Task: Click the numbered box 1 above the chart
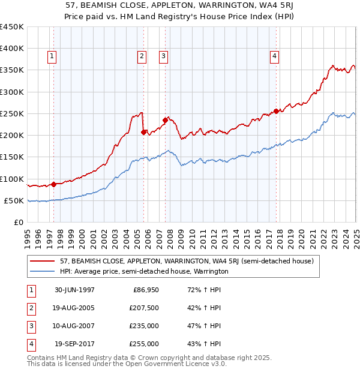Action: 52,57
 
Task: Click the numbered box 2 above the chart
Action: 142,57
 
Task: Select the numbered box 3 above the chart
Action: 163,57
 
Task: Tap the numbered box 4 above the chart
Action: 274,57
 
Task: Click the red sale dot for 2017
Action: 276,111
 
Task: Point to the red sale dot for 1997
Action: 54,184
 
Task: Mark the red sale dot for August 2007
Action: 165,120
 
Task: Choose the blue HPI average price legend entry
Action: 144,271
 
